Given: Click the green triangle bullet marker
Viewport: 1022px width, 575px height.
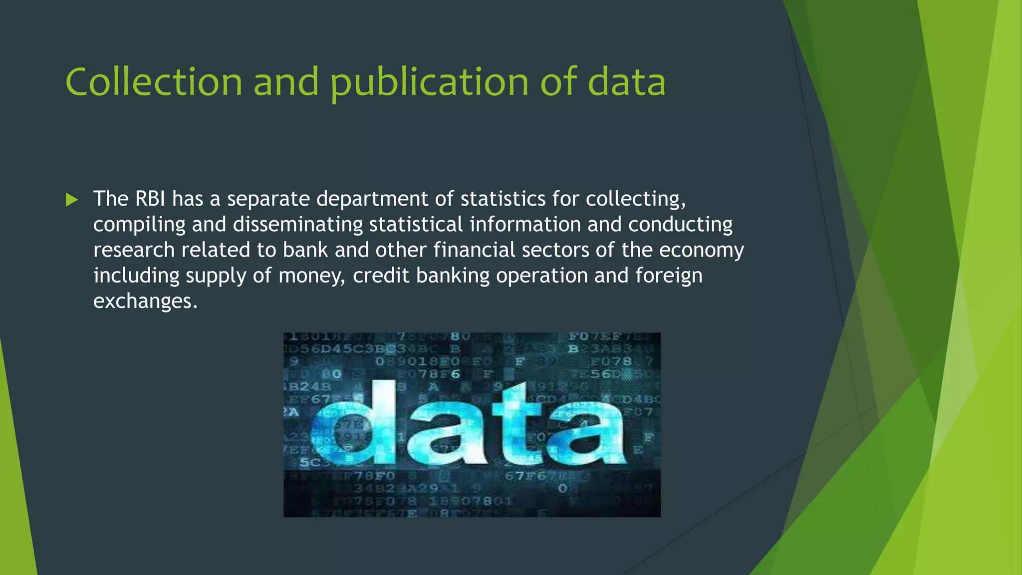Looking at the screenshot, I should click(x=72, y=200).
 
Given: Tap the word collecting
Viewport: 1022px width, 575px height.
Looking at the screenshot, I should click(x=635, y=199).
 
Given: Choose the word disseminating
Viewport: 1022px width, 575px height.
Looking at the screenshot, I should click(x=297, y=224).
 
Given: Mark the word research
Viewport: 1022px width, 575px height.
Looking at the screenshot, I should click(x=134, y=250).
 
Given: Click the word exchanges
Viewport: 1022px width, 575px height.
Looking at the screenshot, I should click(x=145, y=301).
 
